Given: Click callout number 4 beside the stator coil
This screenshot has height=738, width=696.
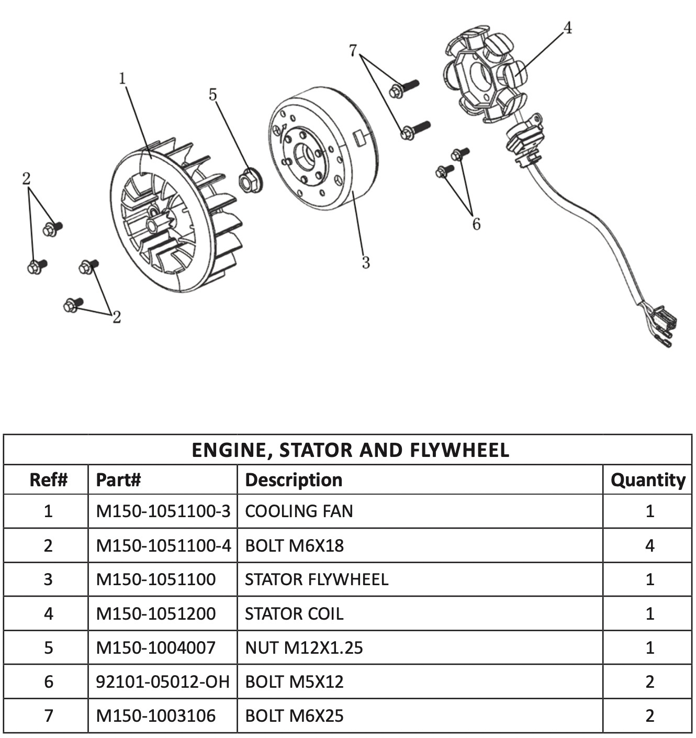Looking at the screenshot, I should click(x=567, y=27).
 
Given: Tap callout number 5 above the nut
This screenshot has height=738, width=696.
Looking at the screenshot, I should click(x=212, y=95).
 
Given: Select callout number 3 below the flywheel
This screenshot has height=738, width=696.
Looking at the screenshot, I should click(x=366, y=262).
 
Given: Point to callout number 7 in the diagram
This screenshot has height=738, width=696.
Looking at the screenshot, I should click(x=353, y=51).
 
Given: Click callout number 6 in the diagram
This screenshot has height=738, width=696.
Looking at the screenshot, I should click(x=476, y=224).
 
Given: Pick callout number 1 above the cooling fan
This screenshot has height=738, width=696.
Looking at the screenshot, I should click(x=122, y=79).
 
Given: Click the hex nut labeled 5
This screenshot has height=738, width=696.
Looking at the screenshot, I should click(x=250, y=180).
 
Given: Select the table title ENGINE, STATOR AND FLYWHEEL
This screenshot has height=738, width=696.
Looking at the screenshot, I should click(x=350, y=450).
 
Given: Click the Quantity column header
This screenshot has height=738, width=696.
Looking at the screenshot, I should click(x=648, y=480).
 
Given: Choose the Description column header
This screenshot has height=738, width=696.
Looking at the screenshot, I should click(x=294, y=480).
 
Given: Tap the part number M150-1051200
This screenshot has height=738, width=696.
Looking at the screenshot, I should click(x=156, y=613).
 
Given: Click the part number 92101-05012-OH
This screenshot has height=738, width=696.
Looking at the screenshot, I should click(x=163, y=681).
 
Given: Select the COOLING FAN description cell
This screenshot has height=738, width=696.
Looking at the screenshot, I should click(x=299, y=511).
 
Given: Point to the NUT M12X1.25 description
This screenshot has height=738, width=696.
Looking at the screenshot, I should click(x=304, y=648).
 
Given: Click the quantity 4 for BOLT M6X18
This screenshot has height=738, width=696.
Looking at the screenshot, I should click(x=649, y=546).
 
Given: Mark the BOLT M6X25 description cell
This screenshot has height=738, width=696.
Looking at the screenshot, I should click(x=294, y=715).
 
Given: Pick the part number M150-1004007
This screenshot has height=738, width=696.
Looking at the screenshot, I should click(x=156, y=648).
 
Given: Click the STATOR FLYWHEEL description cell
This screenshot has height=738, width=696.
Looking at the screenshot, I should click(x=317, y=579).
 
